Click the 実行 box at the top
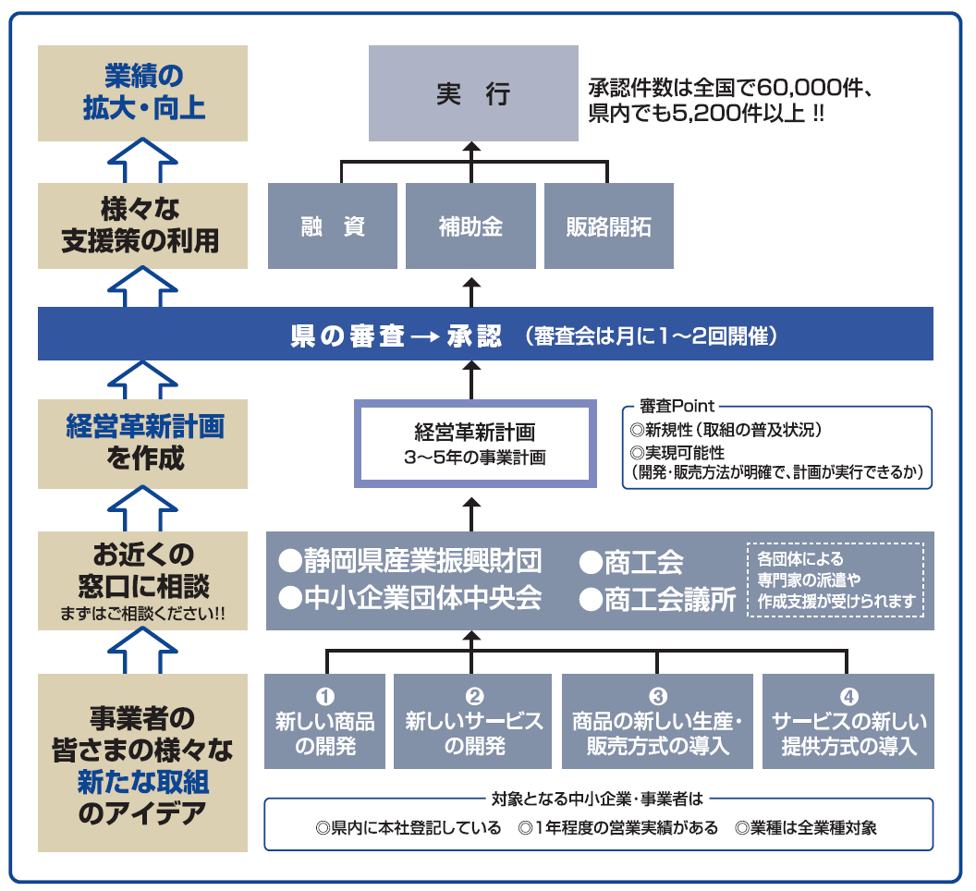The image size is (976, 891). [473, 94]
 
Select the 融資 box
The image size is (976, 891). [333, 226]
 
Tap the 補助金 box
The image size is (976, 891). [470, 226]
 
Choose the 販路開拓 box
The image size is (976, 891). [608, 226]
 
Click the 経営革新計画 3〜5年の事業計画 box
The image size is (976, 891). [474, 444]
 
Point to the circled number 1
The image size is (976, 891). [324, 697]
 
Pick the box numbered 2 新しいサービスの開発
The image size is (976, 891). [474, 722]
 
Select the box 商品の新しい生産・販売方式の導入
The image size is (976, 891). [657, 722]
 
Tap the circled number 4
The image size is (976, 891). [848, 697]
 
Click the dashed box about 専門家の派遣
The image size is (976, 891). [835, 580]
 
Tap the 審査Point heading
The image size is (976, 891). [672, 407]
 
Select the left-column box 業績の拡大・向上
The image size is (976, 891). [142, 92]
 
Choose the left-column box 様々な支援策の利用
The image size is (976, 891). [142, 225]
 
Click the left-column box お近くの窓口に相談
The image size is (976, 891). [142, 580]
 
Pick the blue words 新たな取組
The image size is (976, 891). [142, 784]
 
